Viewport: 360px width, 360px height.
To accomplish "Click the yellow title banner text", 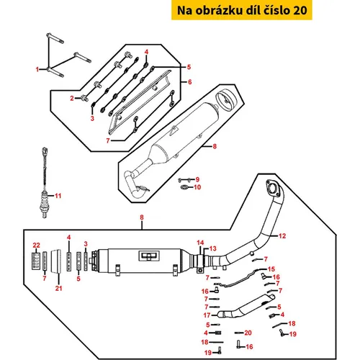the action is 242,10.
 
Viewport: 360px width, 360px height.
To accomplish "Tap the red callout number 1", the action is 37,70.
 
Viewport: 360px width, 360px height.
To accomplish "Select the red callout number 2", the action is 72,98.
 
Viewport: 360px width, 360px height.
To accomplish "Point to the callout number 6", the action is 190,82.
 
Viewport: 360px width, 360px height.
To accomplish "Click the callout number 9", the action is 197,179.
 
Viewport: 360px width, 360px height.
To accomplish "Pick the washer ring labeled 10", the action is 184,186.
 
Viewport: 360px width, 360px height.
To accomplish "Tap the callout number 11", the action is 58,196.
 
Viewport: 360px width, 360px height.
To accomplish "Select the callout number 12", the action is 282,236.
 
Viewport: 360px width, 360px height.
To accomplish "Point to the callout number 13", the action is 213,248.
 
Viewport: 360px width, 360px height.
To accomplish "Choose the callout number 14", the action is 200,243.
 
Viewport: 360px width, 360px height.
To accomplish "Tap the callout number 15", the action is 271,269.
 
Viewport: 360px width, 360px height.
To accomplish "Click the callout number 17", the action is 207,315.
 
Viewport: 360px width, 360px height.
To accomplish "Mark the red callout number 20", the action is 248,333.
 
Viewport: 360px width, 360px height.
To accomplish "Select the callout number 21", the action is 58,288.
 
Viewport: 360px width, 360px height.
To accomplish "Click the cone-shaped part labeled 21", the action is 56,261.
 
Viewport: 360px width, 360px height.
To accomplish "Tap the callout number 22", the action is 37,246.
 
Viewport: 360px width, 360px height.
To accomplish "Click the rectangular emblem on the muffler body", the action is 149,256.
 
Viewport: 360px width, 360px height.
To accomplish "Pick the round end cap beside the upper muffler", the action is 225,99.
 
